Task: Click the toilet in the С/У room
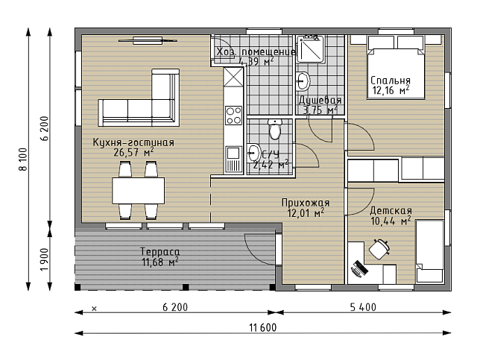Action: (x=275, y=129)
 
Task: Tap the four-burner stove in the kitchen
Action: (x=233, y=116)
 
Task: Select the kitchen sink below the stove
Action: (x=233, y=160)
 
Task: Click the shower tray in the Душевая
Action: (x=311, y=48)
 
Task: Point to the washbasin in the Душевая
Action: (x=303, y=80)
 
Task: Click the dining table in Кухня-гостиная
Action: (x=139, y=191)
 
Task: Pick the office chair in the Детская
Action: (x=379, y=249)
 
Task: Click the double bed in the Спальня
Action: (x=396, y=68)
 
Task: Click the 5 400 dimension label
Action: (x=363, y=307)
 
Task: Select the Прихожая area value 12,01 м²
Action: (x=306, y=212)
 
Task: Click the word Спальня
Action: (x=391, y=80)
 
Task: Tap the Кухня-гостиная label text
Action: (x=133, y=142)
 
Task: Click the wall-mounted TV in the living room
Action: (x=148, y=40)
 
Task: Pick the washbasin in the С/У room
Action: (x=253, y=153)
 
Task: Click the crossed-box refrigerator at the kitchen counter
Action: (x=233, y=77)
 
